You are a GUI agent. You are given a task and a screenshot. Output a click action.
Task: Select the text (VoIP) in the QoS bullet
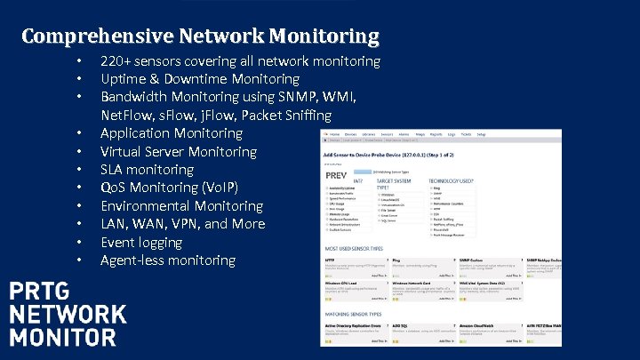216,188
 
